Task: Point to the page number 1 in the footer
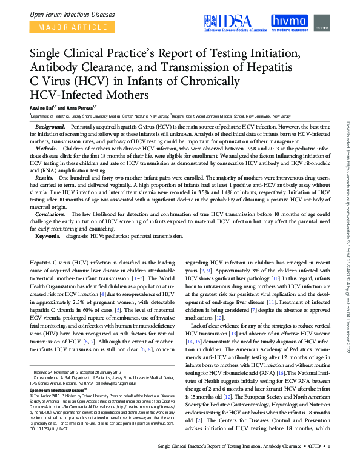pyautogui.click(x=328, y=464)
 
